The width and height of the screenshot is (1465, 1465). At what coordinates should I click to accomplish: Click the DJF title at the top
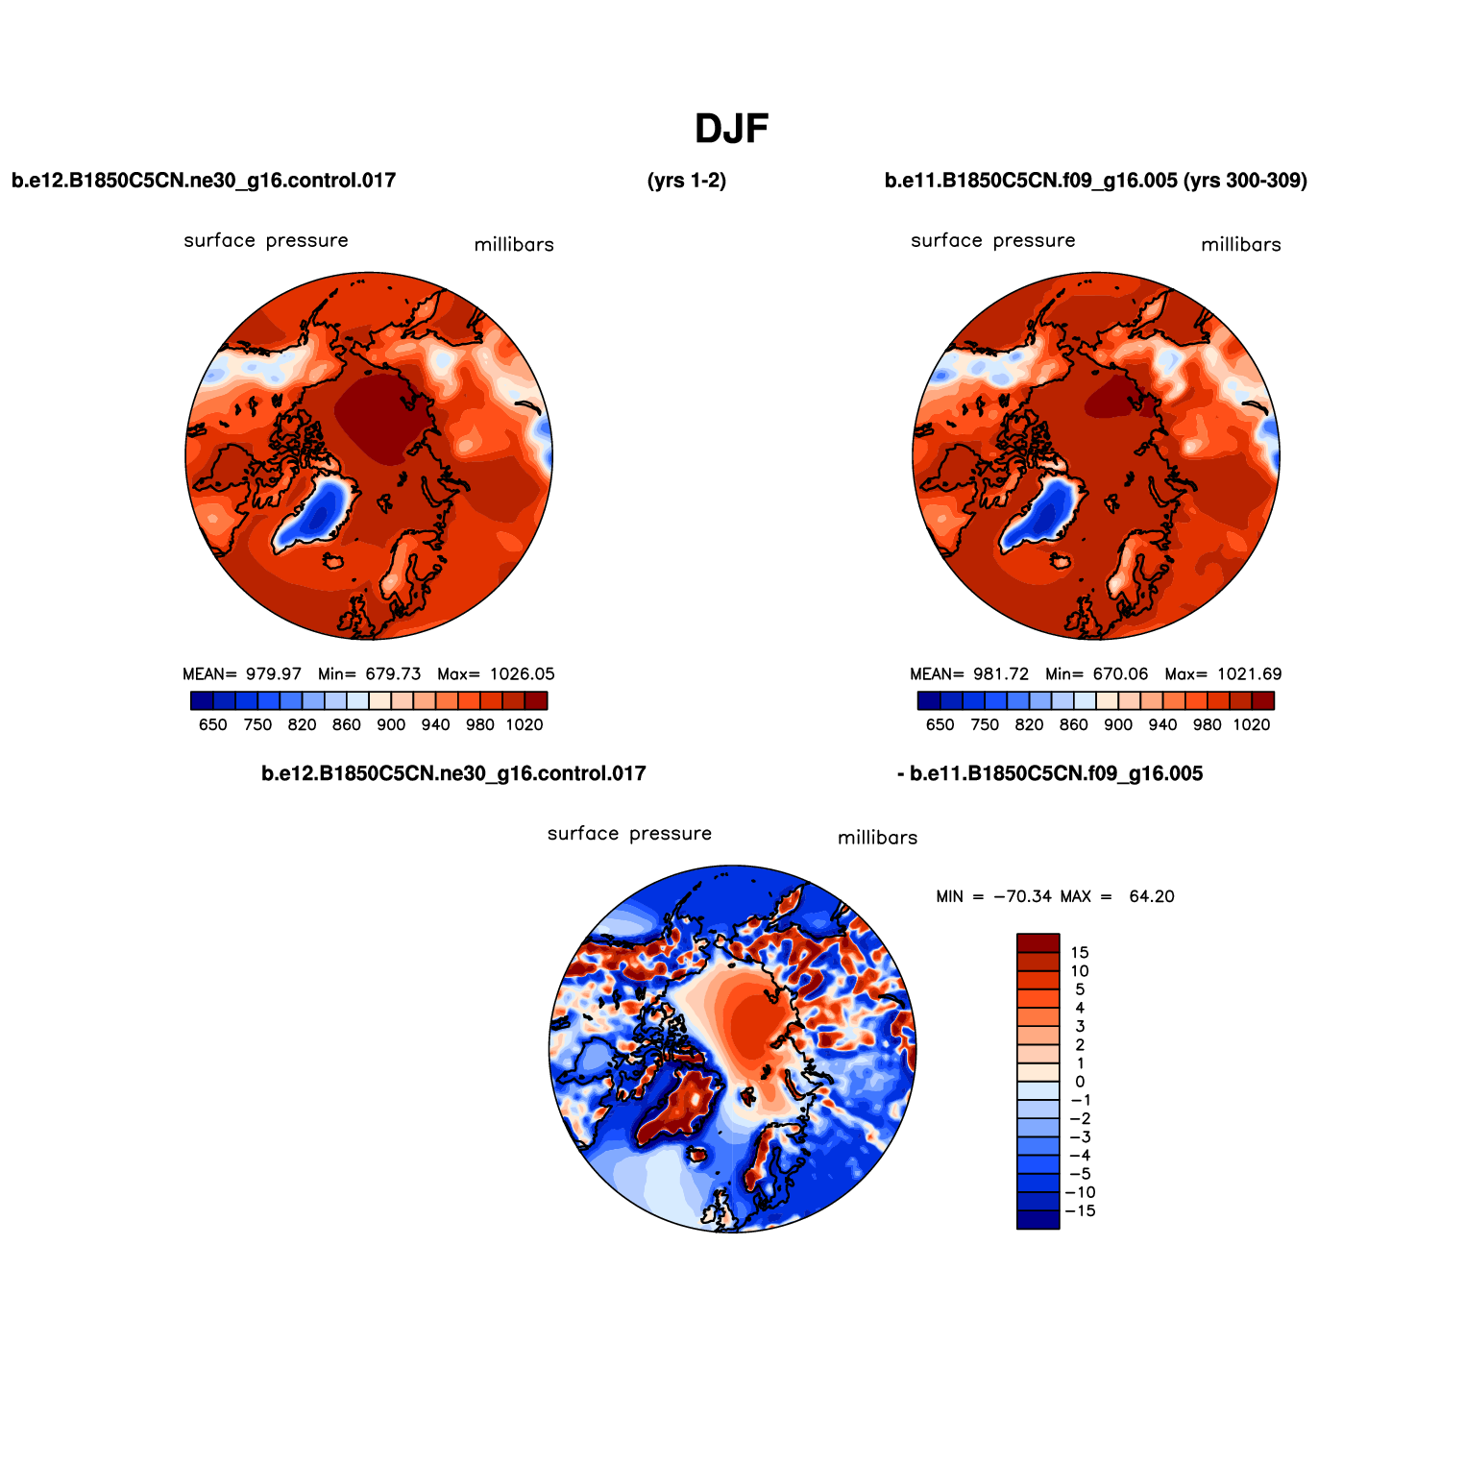731,129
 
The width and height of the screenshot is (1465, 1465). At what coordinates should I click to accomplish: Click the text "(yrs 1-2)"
687,181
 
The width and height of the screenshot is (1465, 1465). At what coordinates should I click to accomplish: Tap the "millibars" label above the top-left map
514,245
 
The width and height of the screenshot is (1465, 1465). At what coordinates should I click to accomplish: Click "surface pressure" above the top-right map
992,240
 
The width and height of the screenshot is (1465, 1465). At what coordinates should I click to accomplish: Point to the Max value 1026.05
522,674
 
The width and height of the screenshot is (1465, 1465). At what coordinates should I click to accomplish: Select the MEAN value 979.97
274,674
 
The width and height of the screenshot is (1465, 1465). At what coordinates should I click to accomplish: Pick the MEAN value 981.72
1001,674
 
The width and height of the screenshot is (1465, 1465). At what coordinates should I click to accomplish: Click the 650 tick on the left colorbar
213,725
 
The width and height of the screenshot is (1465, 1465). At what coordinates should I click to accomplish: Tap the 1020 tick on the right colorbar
1252,725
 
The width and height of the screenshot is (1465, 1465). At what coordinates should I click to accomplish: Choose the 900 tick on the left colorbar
391,725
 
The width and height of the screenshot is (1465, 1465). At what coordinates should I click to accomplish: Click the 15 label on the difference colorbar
1080,953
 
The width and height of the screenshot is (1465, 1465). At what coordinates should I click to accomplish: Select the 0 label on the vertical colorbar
1080,1082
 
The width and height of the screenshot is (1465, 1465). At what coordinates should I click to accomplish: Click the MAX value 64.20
1151,896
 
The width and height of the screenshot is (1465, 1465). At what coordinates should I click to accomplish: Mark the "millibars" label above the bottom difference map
877,838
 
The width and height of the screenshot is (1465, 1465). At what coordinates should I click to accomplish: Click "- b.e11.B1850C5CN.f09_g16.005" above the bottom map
1049,774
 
